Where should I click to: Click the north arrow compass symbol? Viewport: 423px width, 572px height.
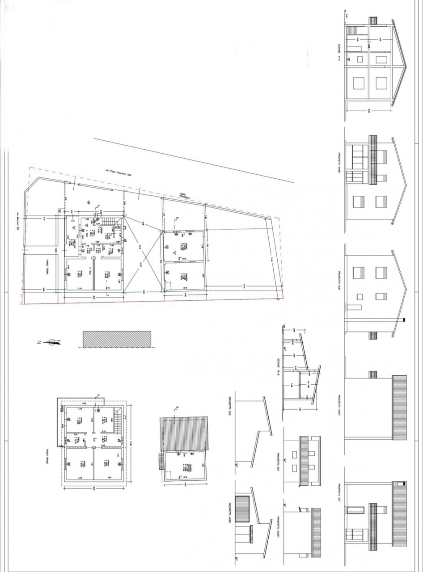[x=53, y=342]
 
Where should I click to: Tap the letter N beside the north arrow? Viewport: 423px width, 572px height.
[x=39, y=342]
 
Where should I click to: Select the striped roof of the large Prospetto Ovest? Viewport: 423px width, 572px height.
[x=399, y=407]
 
